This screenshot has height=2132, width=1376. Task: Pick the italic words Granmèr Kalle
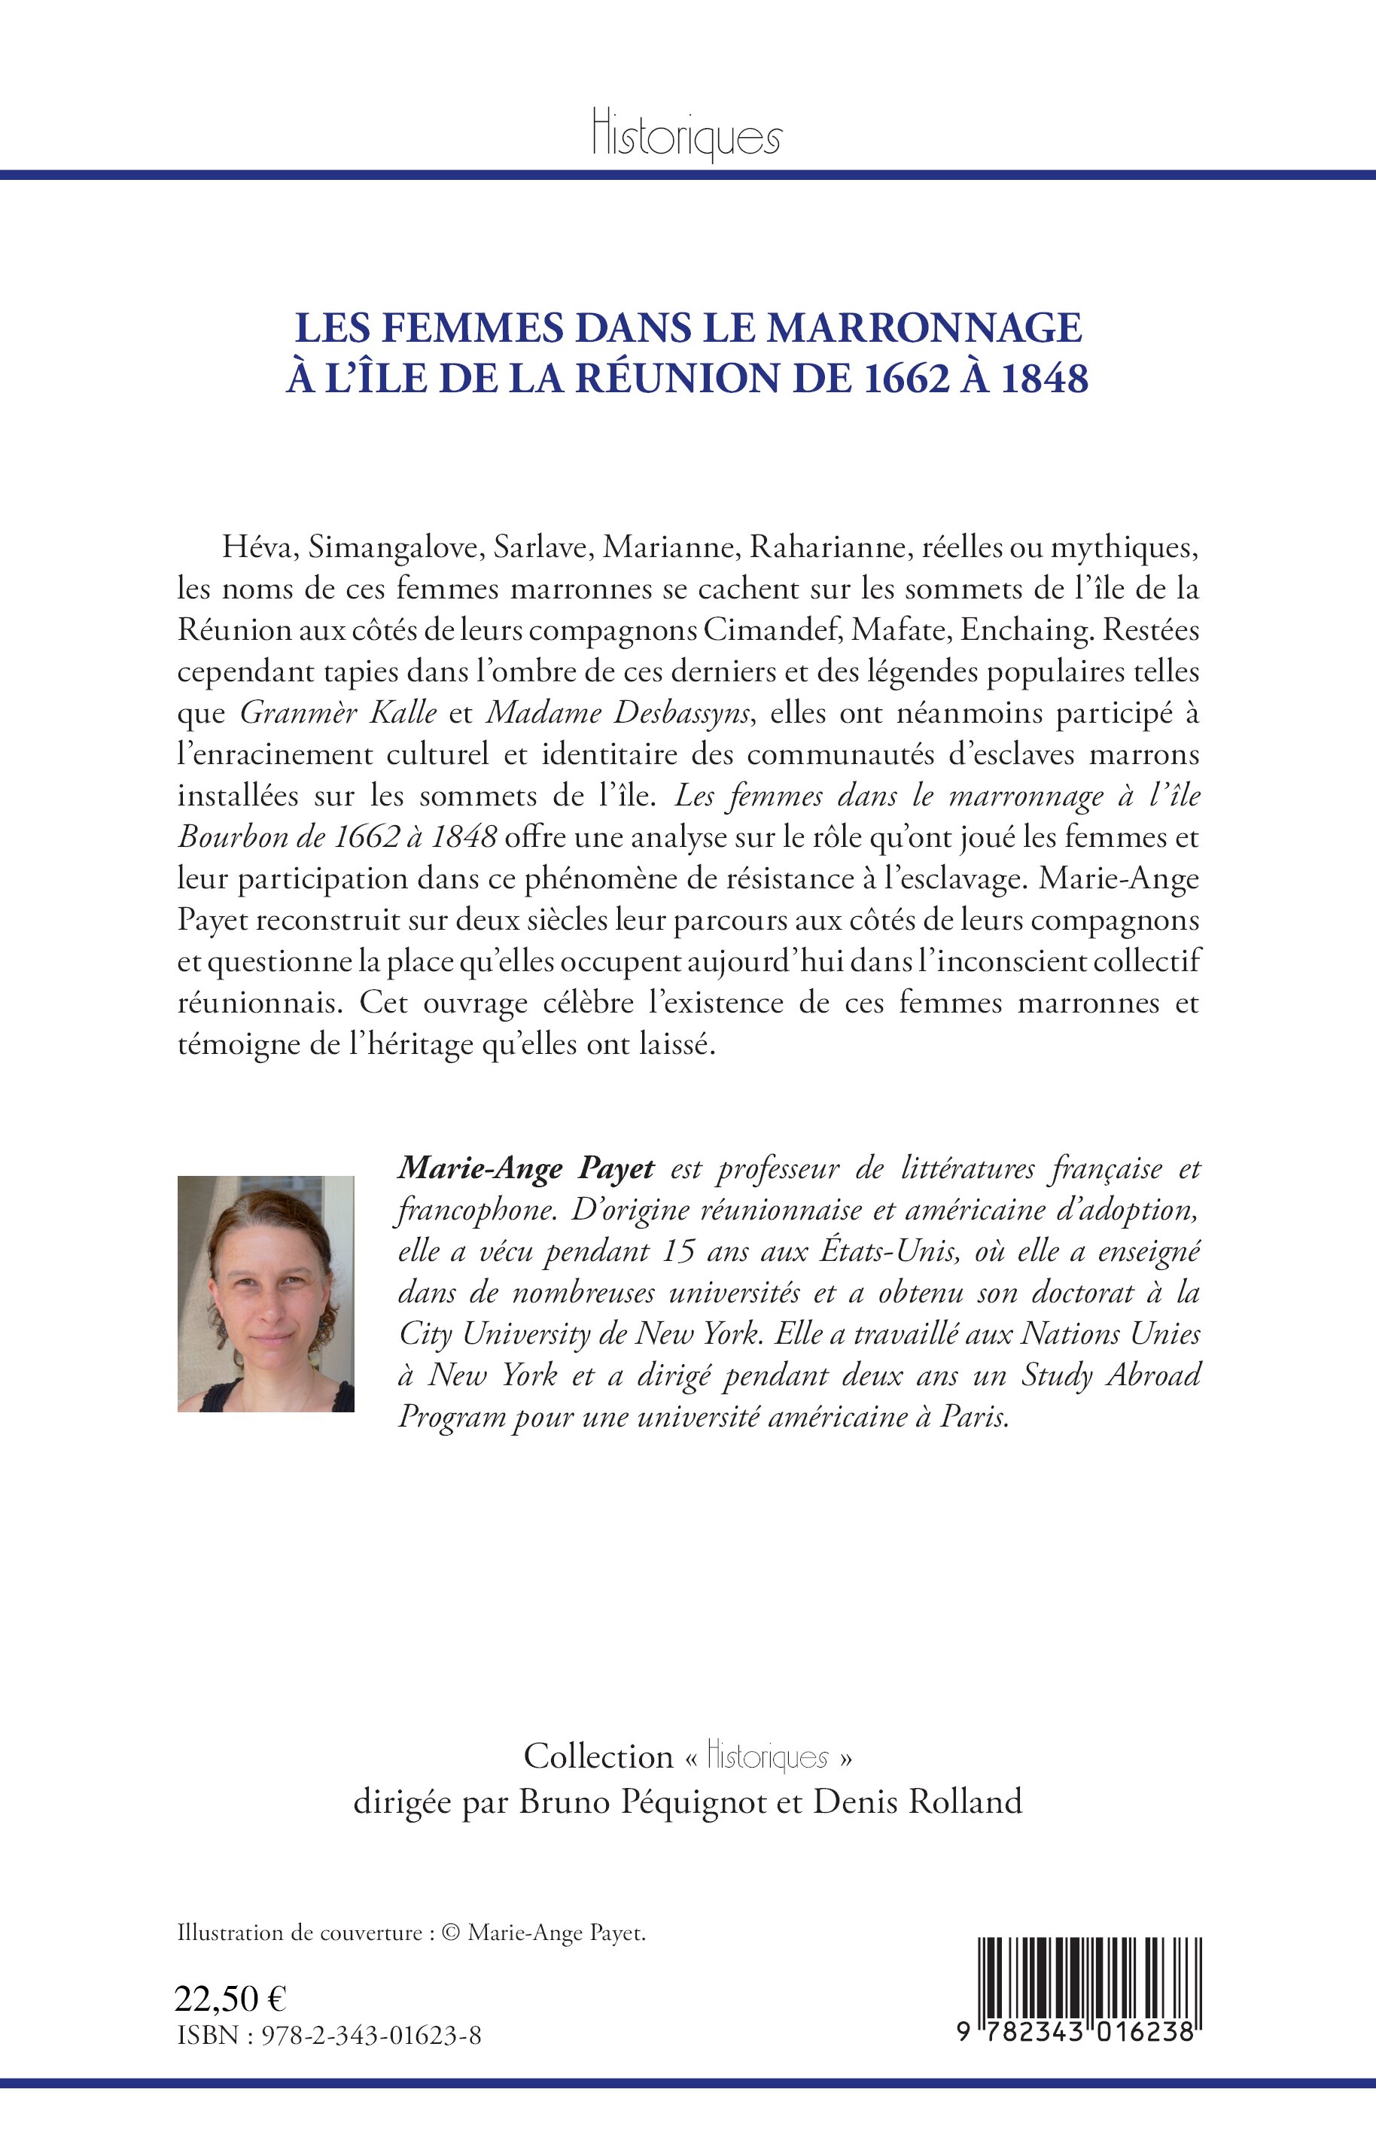click(339, 713)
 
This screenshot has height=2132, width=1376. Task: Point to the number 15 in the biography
click(678, 1251)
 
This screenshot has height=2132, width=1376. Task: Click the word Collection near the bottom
click(598, 1756)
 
